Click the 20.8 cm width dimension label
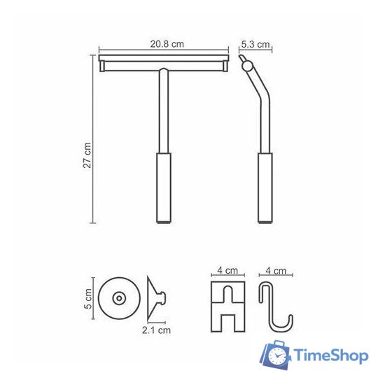point(167,44)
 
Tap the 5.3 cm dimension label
point(255,44)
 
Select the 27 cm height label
point(87,155)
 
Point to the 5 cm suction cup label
point(88,298)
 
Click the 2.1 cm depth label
point(156,330)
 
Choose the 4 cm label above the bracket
point(227,270)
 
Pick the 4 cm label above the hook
point(276,271)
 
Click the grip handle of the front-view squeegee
point(164,188)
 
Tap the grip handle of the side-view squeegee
point(265,188)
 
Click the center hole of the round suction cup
point(119,298)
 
